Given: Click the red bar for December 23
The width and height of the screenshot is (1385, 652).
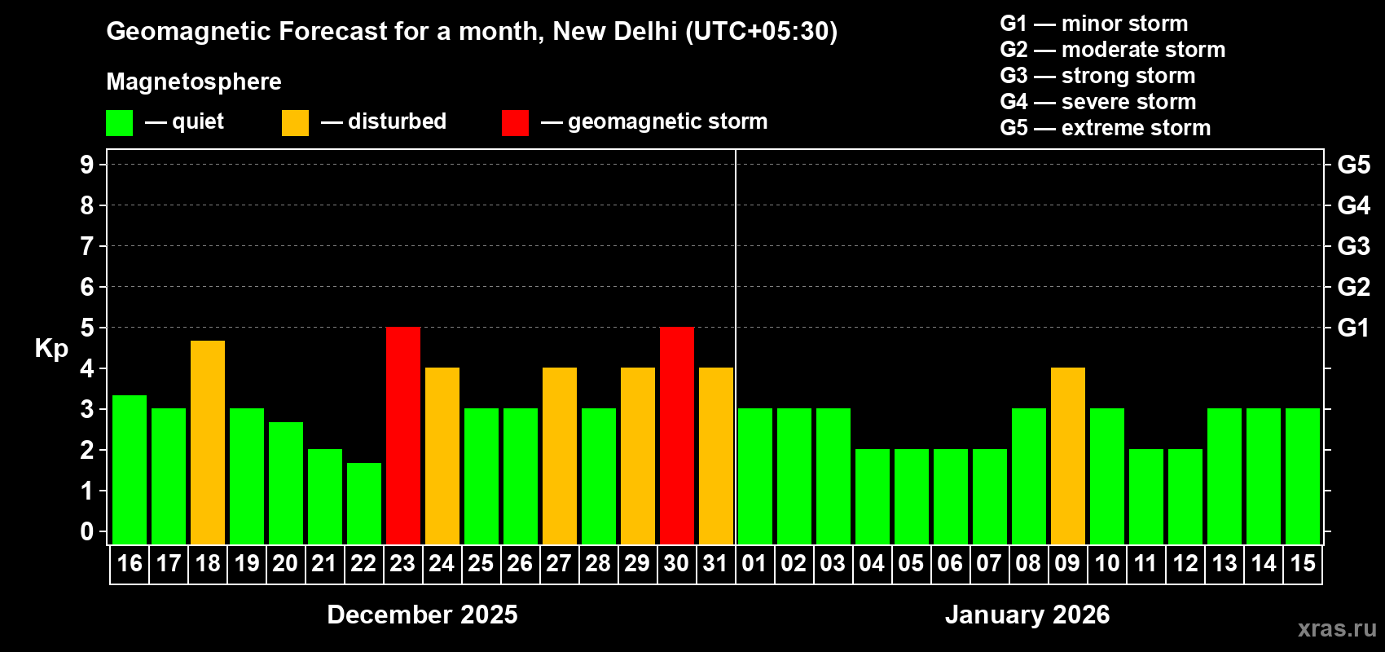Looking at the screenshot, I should pyautogui.click(x=402, y=435).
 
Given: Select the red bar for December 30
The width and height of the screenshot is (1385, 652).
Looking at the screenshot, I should pyautogui.click(x=676, y=435).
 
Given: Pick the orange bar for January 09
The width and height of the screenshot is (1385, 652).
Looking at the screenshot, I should pyautogui.click(x=1067, y=456).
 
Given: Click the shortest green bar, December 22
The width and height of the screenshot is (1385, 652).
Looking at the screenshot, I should pyautogui.click(x=363, y=503).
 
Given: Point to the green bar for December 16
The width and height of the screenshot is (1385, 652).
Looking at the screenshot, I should pyautogui.click(x=129, y=469).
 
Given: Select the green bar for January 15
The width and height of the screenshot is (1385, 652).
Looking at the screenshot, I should pyautogui.click(x=1302, y=476).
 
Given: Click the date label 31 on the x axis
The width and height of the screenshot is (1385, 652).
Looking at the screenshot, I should pyautogui.click(x=715, y=563).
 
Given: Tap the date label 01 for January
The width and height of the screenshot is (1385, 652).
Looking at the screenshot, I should pyautogui.click(x=754, y=563).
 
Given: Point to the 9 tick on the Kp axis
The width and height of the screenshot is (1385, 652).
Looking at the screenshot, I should pyautogui.click(x=87, y=165).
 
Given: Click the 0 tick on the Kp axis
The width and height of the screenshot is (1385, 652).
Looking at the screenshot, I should pyautogui.click(x=87, y=531).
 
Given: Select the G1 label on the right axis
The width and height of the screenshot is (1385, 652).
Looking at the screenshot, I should pyautogui.click(x=1353, y=328).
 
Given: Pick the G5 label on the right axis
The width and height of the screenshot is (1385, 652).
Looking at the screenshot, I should pyautogui.click(x=1353, y=165).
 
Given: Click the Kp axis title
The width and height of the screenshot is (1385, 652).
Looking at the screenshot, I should pyautogui.click(x=51, y=348).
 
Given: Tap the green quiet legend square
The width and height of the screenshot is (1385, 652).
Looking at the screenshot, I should pyautogui.click(x=120, y=123).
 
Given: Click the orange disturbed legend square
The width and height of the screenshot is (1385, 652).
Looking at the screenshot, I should pyautogui.click(x=295, y=123).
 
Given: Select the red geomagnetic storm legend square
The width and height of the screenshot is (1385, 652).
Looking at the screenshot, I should pyautogui.click(x=515, y=123).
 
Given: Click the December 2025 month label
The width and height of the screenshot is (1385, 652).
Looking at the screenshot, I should pyautogui.click(x=422, y=615).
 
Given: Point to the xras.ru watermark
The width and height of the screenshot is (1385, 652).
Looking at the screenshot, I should pyautogui.click(x=1337, y=628).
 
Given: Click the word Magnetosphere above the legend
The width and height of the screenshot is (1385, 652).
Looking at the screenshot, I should pyautogui.click(x=194, y=81).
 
